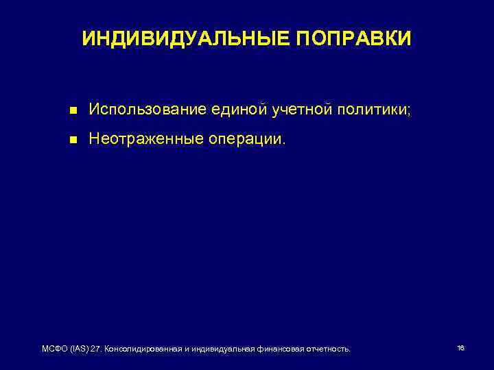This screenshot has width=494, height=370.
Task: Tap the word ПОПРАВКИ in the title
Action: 354,39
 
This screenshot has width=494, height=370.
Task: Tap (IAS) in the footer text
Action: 81,349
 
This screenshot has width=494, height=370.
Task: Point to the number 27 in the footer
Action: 98,349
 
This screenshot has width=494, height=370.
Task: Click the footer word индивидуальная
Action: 224,349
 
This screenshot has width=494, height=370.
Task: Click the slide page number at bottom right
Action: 460,348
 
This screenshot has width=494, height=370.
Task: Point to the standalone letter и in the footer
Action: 187,349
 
